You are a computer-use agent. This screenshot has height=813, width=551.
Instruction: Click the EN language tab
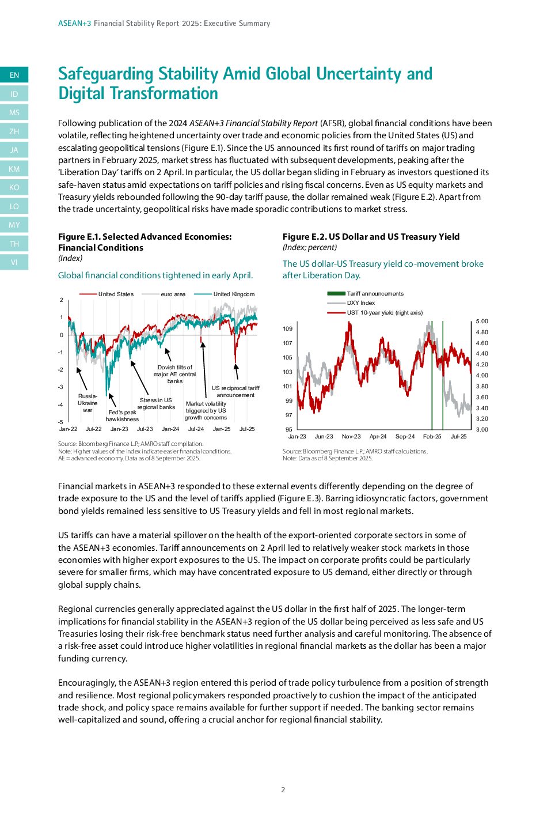coord(14,75)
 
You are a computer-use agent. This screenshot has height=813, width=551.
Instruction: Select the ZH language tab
coord(14,131)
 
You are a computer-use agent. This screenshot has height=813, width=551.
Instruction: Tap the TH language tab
coord(14,244)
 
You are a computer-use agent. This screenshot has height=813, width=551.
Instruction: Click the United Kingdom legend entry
coord(233,294)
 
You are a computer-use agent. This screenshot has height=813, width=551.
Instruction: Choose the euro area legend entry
coord(173,294)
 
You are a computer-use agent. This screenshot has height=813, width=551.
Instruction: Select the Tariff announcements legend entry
coord(375,294)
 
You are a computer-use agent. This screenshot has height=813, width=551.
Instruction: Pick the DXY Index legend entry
coord(360,303)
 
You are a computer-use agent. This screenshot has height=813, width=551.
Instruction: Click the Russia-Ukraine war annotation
coord(88,403)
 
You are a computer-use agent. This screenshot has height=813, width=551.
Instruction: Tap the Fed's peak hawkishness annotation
coord(122,415)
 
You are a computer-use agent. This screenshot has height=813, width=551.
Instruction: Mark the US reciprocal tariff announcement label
coord(235,391)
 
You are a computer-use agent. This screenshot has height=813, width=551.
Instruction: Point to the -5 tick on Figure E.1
coord(60,422)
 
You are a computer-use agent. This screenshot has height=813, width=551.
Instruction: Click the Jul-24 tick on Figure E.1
coord(196,429)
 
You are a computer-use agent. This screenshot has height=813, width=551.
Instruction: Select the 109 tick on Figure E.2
coord(287,329)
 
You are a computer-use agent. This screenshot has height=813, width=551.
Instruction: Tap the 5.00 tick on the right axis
coord(482,322)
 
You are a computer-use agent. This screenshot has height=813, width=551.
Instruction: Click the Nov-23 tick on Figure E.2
coord(351,437)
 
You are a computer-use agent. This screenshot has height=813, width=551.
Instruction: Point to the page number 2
coord(283,790)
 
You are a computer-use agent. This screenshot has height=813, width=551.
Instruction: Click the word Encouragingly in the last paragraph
coord(86,683)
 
